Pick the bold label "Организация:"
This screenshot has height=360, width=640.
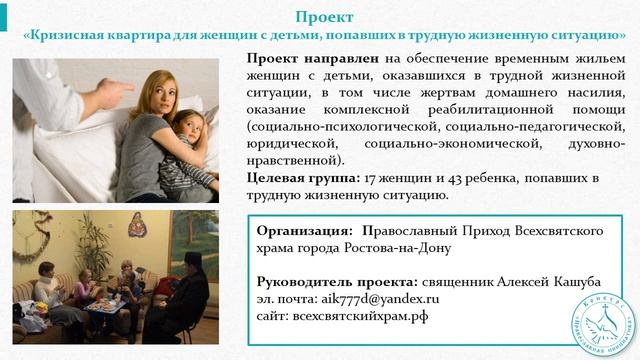point(304,229)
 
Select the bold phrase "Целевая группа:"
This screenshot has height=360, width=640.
point(303,178)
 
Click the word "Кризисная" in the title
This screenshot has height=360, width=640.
point(71,35)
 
